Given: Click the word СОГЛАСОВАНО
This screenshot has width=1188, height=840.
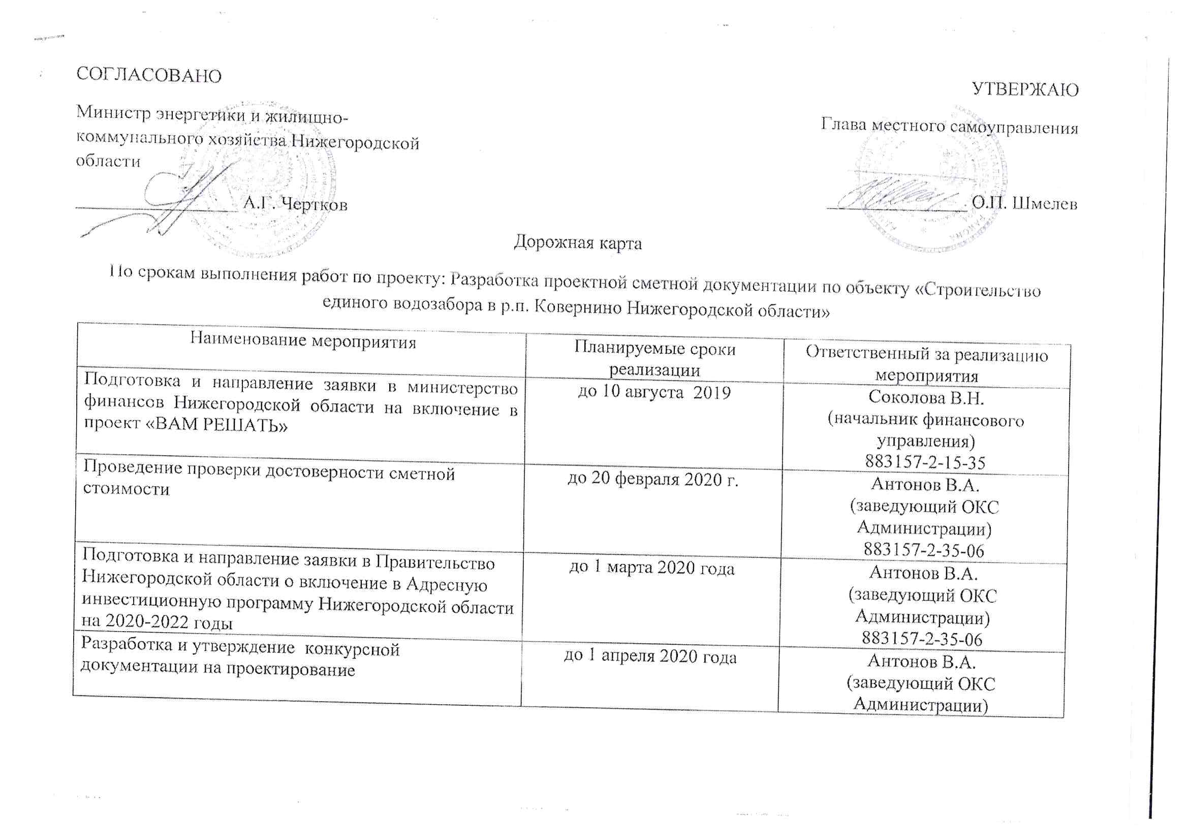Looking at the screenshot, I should point(148,76).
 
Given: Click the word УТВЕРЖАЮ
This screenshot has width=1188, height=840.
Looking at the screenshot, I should point(1025,89).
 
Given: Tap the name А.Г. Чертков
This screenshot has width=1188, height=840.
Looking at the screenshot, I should point(295,204).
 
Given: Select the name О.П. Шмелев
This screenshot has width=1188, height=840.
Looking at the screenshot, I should point(1024,203).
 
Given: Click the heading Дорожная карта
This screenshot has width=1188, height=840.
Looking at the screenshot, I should point(577,242).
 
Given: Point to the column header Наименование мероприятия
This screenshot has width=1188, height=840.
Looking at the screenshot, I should point(303,340).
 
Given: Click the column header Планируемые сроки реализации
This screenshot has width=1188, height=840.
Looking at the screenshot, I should point(654,359).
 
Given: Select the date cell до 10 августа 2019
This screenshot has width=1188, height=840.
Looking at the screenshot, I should point(654,392).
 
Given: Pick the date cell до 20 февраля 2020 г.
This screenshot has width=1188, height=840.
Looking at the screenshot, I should point(652,479).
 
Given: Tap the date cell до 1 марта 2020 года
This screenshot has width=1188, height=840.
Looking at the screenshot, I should point(651,568).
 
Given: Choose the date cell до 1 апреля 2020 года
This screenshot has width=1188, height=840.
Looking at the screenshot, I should point(650,656).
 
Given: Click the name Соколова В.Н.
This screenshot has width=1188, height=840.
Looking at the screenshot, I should point(926,397).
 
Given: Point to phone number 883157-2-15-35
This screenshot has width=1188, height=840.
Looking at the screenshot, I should point(925,461).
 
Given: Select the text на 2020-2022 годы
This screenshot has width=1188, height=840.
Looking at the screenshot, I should point(157,621).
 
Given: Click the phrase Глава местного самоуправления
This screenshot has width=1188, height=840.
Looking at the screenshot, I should point(949,127).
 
